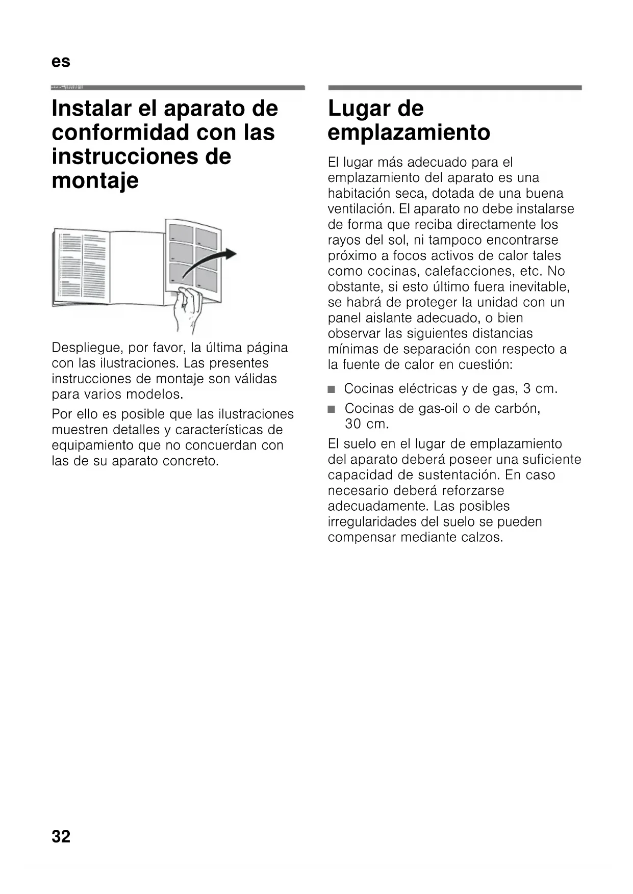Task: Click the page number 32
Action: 61,836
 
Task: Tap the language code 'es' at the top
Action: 61,62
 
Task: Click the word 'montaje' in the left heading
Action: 95,180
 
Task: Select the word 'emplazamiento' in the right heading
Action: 409,133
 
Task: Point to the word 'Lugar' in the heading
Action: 357,108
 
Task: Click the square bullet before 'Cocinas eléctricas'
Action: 332,390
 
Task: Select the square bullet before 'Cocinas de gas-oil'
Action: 332,409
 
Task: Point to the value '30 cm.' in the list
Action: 366,424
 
